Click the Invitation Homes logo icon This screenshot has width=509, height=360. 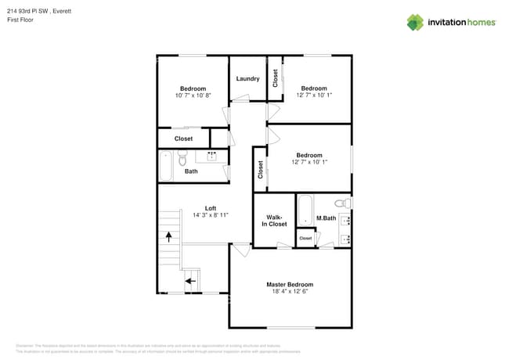click(415, 22)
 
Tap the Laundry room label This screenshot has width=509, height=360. click(247, 78)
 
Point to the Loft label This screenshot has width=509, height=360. click(210, 207)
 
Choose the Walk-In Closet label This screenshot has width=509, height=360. click(274, 221)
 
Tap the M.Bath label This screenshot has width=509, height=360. click(326, 218)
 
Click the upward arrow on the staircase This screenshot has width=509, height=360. click(168, 235)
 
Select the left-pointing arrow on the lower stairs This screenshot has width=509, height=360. click(189, 279)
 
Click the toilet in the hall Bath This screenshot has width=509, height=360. click(182, 160)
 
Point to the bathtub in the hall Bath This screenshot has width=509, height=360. click(166, 166)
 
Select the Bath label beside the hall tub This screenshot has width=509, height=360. click(191, 171)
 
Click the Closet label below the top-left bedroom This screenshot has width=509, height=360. click(183, 139)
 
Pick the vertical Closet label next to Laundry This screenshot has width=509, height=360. click(275, 78)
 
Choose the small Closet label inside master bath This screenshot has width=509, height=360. click(305, 238)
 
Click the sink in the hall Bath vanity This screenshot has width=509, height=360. click(211, 156)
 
